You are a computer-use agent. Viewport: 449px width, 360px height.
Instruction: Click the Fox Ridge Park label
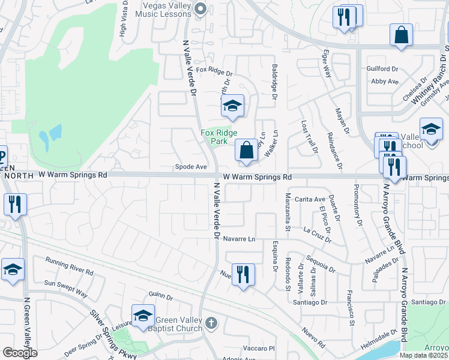tap(219, 137)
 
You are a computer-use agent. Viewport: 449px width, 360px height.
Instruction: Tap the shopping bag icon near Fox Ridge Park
tap(246, 150)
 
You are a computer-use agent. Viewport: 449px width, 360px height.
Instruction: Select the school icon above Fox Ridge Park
tap(232, 107)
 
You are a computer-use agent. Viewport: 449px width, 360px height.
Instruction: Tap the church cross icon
tap(210, 323)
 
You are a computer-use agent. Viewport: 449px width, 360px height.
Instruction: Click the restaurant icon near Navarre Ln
tap(243, 275)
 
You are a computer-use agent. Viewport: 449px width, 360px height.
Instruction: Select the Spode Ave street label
tap(191, 167)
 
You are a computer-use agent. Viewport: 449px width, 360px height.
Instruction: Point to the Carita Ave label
tap(310, 199)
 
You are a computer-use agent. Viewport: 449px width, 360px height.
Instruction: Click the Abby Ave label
tap(385, 81)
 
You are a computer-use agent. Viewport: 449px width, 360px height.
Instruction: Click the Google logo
tap(20, 353)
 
